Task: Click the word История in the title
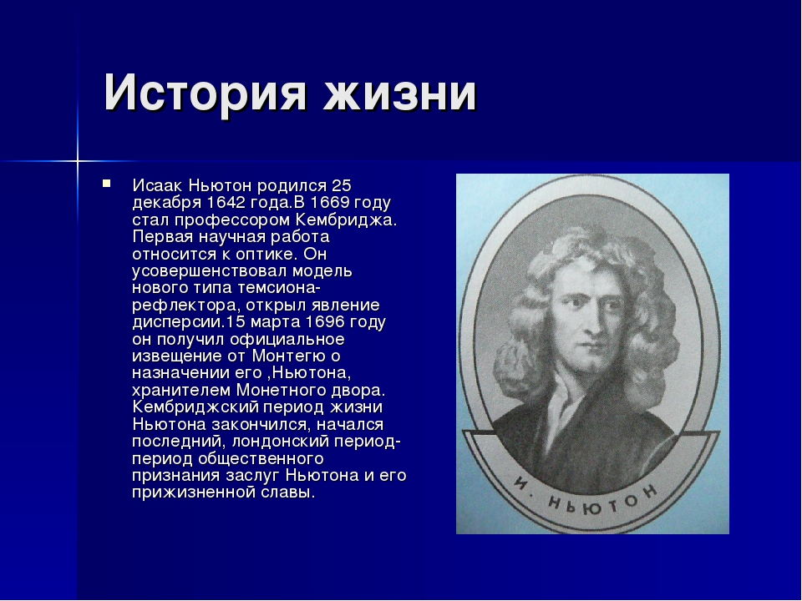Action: tap(205, 93)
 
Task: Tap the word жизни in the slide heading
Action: tap(400, 92)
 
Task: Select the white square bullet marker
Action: tap(106, 183)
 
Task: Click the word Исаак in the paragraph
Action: tap(158, 185)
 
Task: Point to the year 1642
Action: tap(226, 203)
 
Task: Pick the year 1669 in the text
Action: tap(329, 203)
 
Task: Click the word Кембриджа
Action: tap(346, 220)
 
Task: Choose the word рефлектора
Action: tap(186, 306)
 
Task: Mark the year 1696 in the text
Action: tap(325, 322)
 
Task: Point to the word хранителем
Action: tap(181, 391)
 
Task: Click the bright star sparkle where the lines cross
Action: tap(77, 161)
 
